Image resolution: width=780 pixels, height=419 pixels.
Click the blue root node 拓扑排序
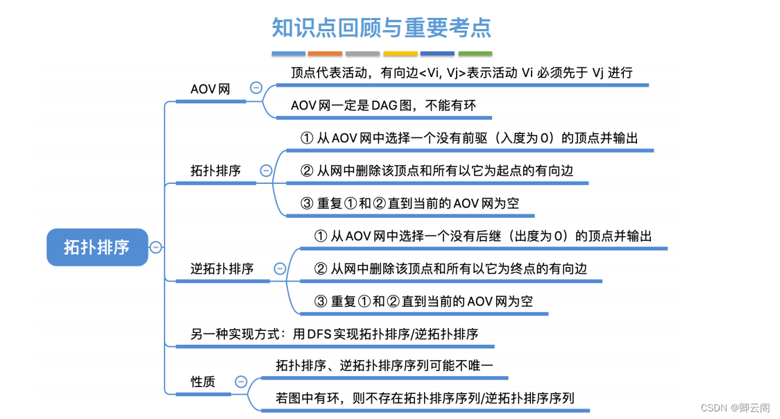[x=97, y=247]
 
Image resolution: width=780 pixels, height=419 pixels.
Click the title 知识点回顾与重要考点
[x=382, y=27]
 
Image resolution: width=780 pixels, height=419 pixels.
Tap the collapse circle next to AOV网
[x=256, y=88]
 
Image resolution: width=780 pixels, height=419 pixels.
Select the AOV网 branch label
[x=210, y=89]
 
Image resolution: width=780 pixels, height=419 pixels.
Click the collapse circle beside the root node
[x=156, y=247]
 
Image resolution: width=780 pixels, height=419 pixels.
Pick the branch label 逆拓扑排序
[x=222, y=268]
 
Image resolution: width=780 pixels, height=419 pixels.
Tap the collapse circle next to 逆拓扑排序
[x=280, y=268]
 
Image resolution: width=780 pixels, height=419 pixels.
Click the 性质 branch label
[x=203, y=382]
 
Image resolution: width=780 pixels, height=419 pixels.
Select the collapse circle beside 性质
[x=241, y=382]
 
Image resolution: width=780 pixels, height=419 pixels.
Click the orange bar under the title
[x=325, y=53]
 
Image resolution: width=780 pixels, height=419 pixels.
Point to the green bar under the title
[x=475, y=53]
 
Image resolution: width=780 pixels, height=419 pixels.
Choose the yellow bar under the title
[x=400, y=53]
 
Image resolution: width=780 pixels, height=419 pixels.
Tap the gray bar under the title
[x=362, y=53]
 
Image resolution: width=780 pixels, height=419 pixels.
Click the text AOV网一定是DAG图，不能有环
[x=382, y=106]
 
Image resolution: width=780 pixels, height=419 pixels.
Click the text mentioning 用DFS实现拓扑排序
[x=334, y=334]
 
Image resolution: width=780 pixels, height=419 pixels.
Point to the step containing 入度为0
[x=469, y=138]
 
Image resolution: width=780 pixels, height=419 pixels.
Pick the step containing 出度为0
[x=483, y=237]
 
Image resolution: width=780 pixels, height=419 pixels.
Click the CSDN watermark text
[x=734, y=408]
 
